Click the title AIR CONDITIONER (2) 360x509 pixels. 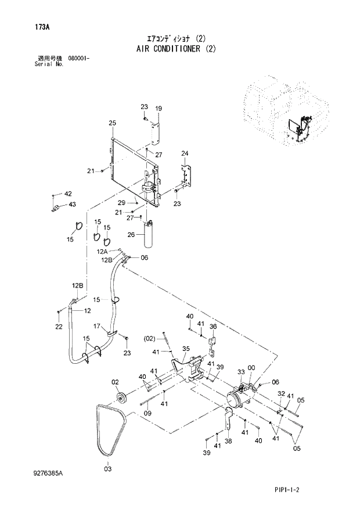(179, 49)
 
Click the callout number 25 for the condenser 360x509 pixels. (113, 123)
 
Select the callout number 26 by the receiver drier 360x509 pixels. (131, 235)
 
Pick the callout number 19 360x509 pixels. (158, 108)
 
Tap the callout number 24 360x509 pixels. (185, 153)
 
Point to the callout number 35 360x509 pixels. (186, 349)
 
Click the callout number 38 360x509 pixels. (228, 441)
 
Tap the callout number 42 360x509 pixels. (68, 193)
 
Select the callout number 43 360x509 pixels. (71, 204)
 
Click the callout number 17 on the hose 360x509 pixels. (98, 326)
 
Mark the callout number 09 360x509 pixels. (147, 413)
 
